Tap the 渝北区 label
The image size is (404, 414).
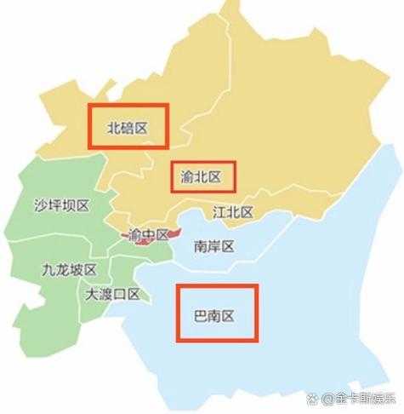[201, 177]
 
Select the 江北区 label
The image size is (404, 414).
[232, 211]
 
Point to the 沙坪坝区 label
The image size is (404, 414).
[61, 205]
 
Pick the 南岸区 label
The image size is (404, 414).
[213, 247]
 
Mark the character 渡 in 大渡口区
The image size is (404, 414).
[107, 294]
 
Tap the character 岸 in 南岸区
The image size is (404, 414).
[213, 247]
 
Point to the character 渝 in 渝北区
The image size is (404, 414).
[188, 177]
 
